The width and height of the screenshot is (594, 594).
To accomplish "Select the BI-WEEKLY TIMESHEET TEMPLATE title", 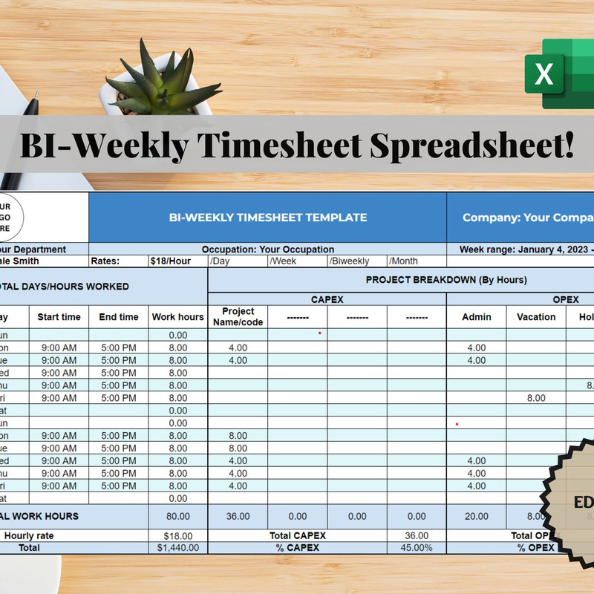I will (x=267, y=218).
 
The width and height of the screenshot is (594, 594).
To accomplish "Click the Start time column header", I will (x=59, y=316).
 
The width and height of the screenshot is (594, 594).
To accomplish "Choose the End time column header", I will (x=119, y=316).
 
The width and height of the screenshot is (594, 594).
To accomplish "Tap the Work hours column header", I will (x=177, y=316).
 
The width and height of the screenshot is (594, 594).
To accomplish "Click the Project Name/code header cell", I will (x=238, y=316).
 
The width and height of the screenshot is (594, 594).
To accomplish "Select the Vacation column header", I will (x=536, y=316).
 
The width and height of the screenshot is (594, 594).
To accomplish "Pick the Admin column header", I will (x=477, y=316).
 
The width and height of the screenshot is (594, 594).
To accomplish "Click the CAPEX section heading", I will (x=327, y=299).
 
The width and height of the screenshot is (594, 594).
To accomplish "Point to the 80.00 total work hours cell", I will (x=177, y=516).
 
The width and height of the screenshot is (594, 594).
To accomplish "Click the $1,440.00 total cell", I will (x=177, y=547).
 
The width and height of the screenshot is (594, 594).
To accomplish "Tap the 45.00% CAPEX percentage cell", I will (x=417, y=547).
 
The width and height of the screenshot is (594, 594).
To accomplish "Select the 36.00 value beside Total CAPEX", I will (x=417, y=535).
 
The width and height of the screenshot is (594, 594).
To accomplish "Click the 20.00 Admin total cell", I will (x=477, y=516).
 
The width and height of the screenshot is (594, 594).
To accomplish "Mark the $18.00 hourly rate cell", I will (x=177, y=535).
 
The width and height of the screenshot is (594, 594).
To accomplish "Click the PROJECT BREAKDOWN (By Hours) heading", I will (x=446, y=280).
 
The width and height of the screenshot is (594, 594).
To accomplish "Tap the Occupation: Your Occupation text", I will (x=267, y=249).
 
